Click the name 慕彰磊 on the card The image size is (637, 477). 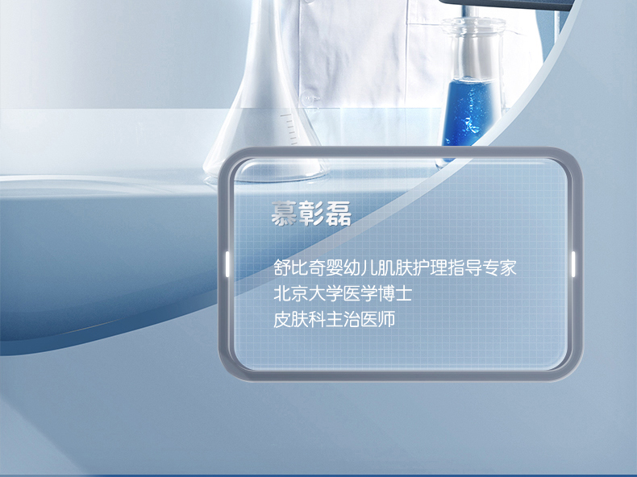(311, 214)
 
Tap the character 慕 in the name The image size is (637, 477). (284, 214)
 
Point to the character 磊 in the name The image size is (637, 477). (338, 214)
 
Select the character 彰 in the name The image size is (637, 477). (310, 214)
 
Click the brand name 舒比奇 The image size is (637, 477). (299, 268)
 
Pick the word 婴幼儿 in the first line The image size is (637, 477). (352, 268)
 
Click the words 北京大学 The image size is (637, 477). (308, 293)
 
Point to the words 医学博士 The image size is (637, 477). (378, 293)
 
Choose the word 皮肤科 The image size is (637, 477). (299, 320)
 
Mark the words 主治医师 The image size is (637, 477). (360, 320)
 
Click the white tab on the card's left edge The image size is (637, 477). (227, 263)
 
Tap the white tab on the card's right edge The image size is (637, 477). (573, 263)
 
